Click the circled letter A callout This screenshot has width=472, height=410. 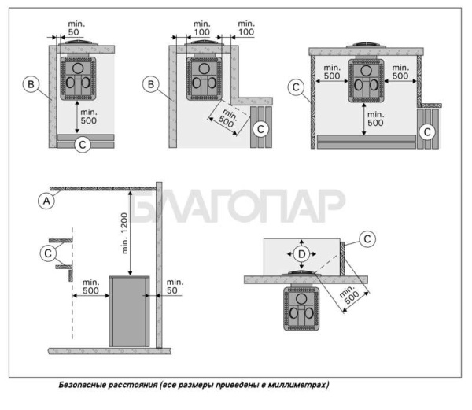tap(46, 201)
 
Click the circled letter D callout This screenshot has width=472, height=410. tap(301, 254)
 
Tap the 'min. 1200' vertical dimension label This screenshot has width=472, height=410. tap(124, 233)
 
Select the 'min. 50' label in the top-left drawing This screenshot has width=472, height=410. tap(75, 28)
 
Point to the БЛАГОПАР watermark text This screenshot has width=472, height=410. tap(238, 205)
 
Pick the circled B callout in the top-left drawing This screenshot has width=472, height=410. tap(31, 84)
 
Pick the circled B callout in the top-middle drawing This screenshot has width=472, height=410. tap(151, 84)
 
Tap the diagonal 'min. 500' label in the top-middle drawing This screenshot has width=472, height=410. tap(228, 118)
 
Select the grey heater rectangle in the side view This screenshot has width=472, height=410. tap(129, 312)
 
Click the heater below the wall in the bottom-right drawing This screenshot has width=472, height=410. tap(301, 308)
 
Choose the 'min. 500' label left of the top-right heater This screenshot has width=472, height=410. tap(332, 72)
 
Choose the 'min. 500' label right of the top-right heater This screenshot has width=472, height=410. tap(400, 72)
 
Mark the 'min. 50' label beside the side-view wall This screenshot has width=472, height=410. tap(175, 286)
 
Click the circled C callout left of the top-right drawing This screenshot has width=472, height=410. tap(296, 87)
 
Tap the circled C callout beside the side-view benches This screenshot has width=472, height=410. tap(48, 253)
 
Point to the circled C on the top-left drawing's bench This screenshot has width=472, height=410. tap(82, 145)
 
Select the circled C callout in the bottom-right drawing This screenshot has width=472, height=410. tap(367, 239)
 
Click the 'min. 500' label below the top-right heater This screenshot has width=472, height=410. tap(375, 119)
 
